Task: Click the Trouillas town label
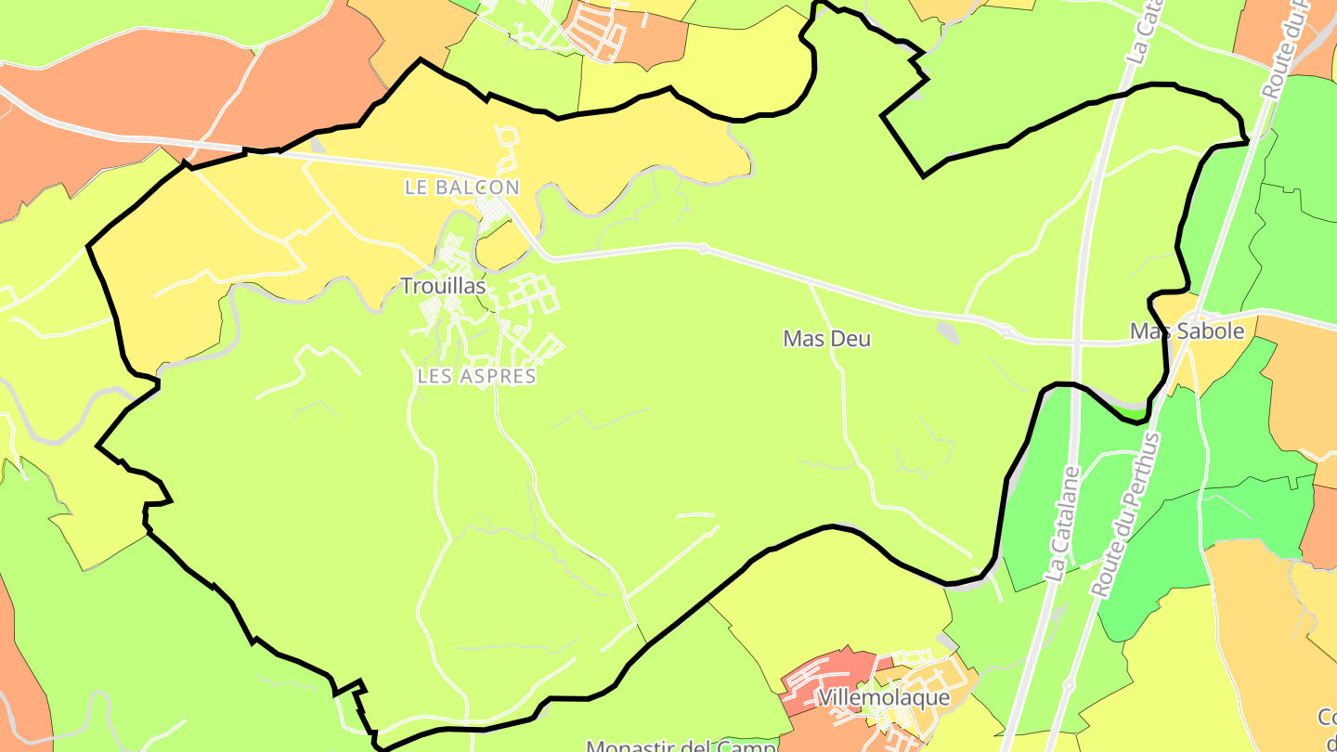pos(443,287)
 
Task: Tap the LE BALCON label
pos(461,188)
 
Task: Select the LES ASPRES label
pos(476,376)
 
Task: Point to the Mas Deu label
pos(826,339)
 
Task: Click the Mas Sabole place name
pos(1187,331)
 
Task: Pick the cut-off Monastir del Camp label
pos(681,746)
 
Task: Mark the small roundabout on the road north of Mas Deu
pos(703,248)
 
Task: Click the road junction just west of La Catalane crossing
pos(1006,330)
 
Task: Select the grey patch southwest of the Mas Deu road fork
pos(946,331)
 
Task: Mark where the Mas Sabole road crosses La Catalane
pos(1076,343)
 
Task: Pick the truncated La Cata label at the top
pos(1142,37)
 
